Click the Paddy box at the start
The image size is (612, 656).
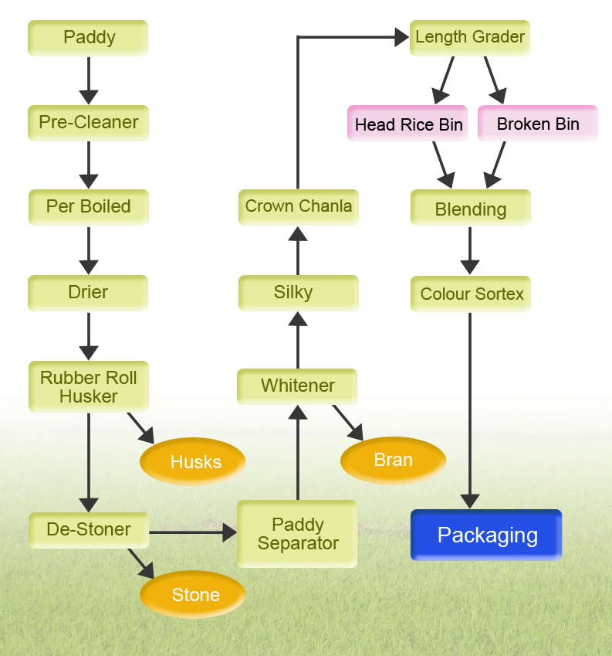point(88,38)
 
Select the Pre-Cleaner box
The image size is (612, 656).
point(88,123)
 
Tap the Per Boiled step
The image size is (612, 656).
point(88,207)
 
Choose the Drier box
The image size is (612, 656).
point(88,293)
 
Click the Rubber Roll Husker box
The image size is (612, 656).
point(88,387)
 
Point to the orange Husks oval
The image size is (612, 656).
point(193,462)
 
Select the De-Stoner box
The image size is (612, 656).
point(88,530)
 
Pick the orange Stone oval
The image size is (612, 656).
point(193,595)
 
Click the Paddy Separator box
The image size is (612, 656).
point(297,534)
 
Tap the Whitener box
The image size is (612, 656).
point(297,386)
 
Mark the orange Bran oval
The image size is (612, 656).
point(393,461)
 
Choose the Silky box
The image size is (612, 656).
point(298,293)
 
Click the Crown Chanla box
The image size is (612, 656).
point(298,206)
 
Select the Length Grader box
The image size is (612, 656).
point(470,37)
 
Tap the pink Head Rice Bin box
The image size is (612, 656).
point(407,124)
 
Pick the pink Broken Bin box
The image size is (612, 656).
point(538,124)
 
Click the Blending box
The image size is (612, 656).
point(470,209)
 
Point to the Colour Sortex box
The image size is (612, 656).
point(471,294)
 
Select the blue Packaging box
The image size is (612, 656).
point(486,535)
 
